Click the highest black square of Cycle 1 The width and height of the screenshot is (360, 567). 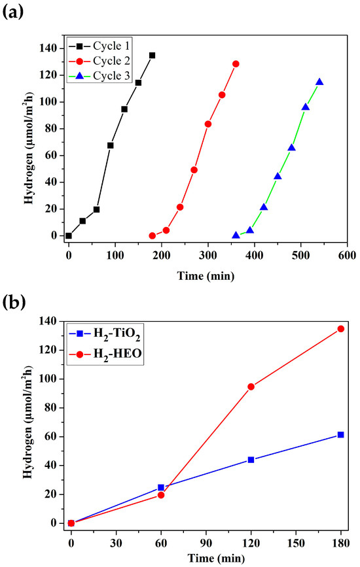pyautogui.click(x=153, y=56)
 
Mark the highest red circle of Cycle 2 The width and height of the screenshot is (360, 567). pyautogui.click(x=236, y=64)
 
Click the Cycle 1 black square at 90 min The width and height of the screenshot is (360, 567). pyautogui.click(x=111, y=145)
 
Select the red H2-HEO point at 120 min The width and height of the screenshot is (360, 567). pyautogui.click(x=251, y=387)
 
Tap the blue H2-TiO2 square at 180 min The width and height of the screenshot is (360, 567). pyautogui.click(x=340, y=435)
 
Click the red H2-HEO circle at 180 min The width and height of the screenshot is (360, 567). pyautogui.click(x=340, y=328)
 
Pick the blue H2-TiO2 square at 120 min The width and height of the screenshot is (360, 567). pyautogui.click(x=251, y=460)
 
